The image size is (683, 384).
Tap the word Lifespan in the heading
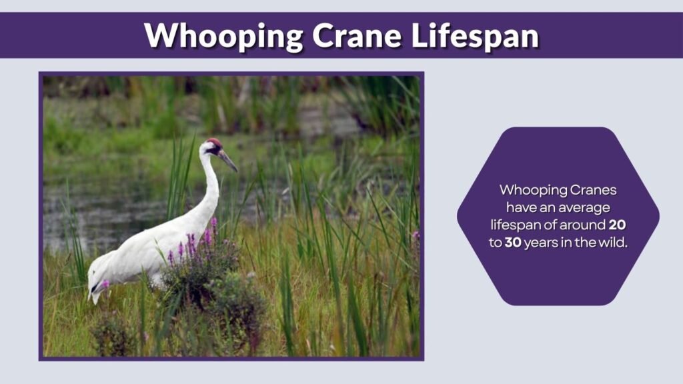pyautogui.click(x=474, y=35)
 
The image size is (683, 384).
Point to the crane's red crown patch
pyautogui.click(x=214, y=143)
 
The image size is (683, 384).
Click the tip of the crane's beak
pyautogui.click(x=235, y=171)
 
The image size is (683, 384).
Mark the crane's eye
pyautogui.click(x=215, y=149)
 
